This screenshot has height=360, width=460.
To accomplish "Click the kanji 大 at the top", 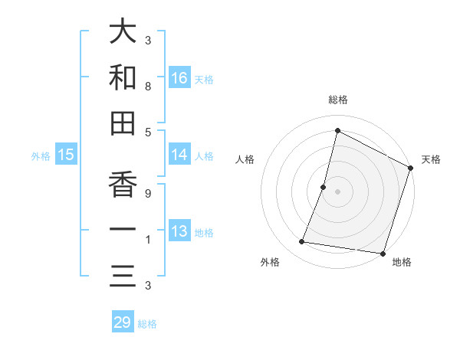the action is pos(123,32).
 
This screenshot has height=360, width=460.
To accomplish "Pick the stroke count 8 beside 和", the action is pos(147,87).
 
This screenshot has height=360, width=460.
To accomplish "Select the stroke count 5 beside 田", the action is pos(147,133).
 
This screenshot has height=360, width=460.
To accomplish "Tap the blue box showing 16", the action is pos(179,77).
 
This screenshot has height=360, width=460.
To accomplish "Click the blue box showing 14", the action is pos(179,155).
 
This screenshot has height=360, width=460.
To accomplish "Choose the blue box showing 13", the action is pos(179,231).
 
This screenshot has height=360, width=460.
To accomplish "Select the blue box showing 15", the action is pos(66,155).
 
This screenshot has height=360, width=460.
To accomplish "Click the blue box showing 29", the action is pos(123,322).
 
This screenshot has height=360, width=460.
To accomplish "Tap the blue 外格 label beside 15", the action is pos(41,156).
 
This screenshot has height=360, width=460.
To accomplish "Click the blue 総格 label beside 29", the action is pos(148,324).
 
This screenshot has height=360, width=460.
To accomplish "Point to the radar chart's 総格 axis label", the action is pos(338,100).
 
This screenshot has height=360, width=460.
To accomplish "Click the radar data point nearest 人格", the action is pos(324,187).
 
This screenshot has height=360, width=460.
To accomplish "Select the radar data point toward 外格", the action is pos(302,242).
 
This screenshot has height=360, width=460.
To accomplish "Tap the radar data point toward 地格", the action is pos(383,253).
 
